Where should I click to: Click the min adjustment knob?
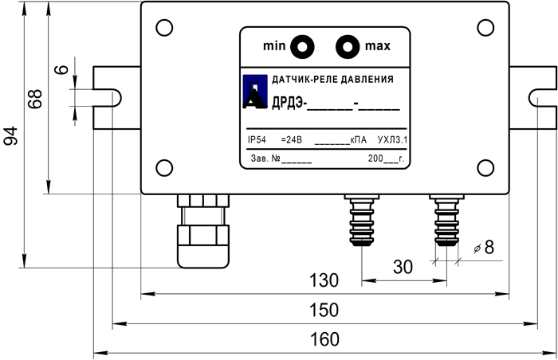(x=302, y=47)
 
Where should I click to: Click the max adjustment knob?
(x=347, y=47)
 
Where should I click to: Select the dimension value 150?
(x=324, y=310)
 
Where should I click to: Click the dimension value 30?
(x=403, y=267)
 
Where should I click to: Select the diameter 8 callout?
(x=483, y=248)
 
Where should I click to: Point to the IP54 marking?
(x=258, y=139)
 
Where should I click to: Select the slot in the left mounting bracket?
(x=109, y=97)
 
